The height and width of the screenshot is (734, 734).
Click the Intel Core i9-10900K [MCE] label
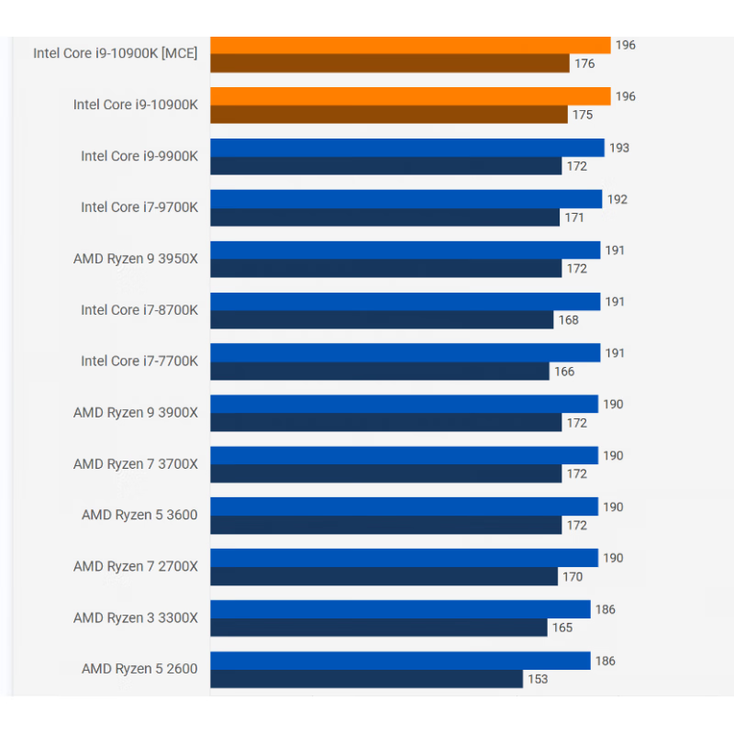tap(116, 53)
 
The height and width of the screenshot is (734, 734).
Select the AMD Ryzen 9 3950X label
tap(136, 259)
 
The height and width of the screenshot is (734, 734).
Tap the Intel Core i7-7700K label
tap(139, 361)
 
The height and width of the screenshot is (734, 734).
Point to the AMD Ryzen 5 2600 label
tap(139, 669)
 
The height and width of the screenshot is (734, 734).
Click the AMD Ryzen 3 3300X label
tap(136, 617)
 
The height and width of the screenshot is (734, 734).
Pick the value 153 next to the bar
tap(537, 679)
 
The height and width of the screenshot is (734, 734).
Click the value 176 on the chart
tap(584, 63)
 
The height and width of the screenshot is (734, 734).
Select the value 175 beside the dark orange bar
tap(582, 115)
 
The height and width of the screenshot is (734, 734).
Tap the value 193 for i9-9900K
tap(619, 148)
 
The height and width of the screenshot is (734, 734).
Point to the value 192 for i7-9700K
tap(617, 199)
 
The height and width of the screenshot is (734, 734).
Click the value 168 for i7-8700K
tap(568, 320)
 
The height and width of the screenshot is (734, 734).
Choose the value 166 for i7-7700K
tap(564, 372)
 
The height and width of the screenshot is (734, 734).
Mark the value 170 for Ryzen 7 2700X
tap(572, 577)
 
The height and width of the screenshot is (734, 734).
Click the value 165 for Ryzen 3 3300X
tap(562, 628)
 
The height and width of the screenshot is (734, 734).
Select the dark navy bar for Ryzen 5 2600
tap(367, 679)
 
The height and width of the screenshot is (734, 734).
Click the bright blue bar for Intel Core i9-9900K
tap(407, 148)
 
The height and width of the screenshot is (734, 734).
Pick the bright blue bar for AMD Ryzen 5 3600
tap(404, 506)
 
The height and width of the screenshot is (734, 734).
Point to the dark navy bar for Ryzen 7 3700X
tap(385, 473)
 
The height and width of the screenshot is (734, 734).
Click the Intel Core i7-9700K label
tap(139, 207)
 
